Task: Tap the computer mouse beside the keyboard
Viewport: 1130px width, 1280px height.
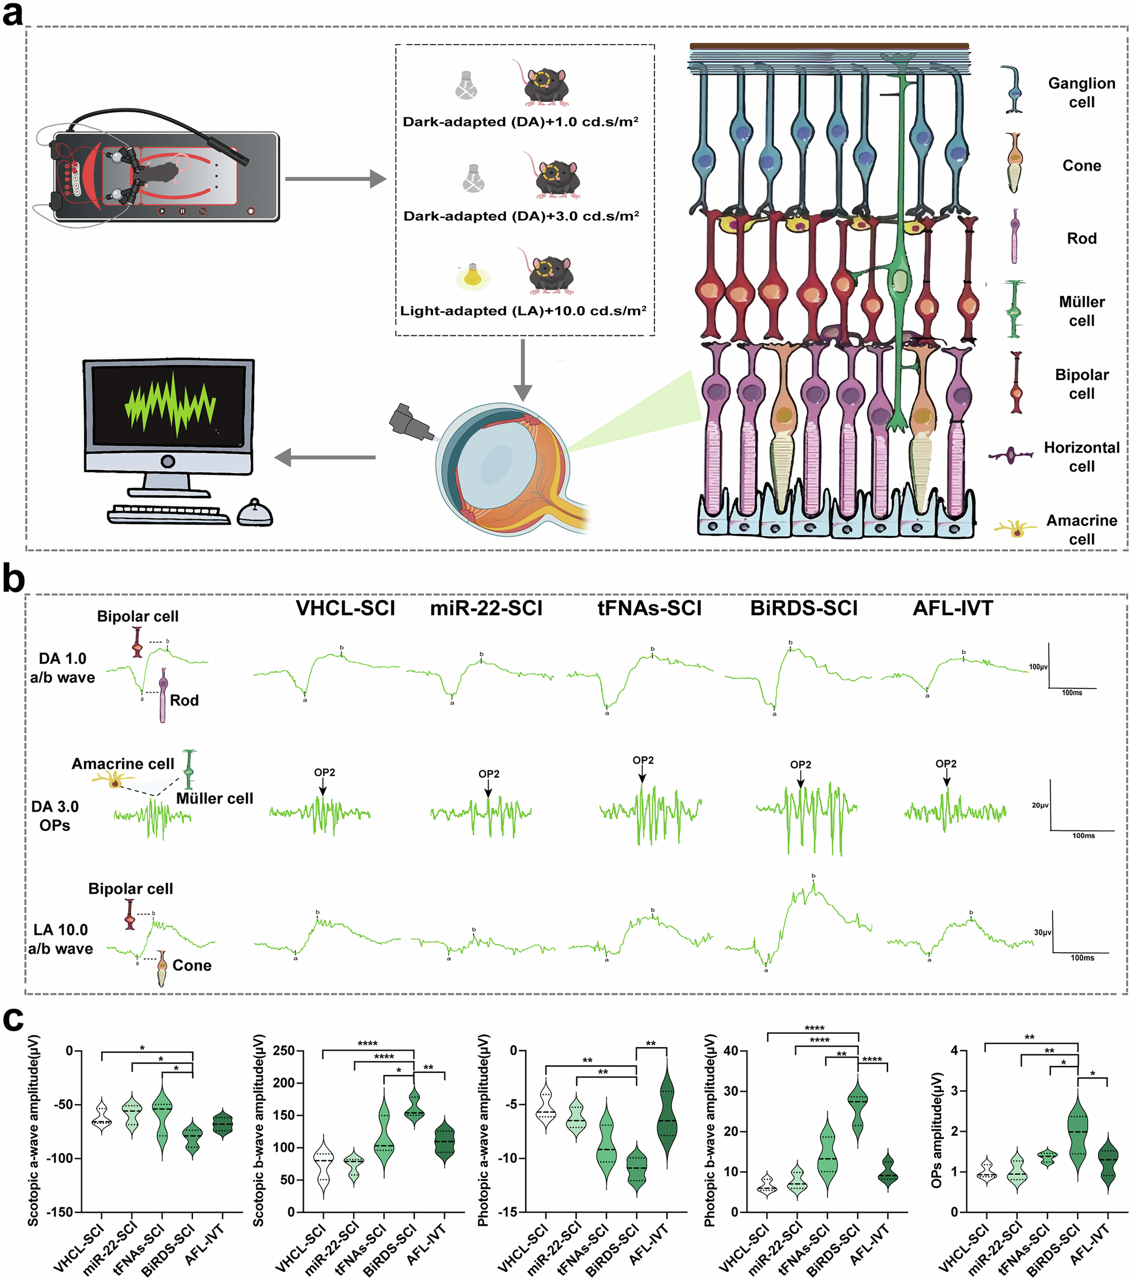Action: [255, 513]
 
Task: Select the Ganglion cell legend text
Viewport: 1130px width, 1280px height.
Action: [1081, 93]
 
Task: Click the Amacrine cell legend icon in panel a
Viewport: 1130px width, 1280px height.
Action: [1015, 530]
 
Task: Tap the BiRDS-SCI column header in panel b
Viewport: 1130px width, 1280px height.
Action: [804, 608]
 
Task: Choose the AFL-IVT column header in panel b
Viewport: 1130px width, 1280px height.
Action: [953, 608]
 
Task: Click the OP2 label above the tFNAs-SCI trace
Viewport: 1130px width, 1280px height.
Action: [643, 760]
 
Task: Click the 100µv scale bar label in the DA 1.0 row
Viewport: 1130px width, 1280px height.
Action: [1038, 667]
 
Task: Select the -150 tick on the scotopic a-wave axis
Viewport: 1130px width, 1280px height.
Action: [61, 1212]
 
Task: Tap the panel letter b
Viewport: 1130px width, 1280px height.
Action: [14, 579]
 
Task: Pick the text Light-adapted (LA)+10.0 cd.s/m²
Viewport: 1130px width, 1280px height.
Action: [524, 311]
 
